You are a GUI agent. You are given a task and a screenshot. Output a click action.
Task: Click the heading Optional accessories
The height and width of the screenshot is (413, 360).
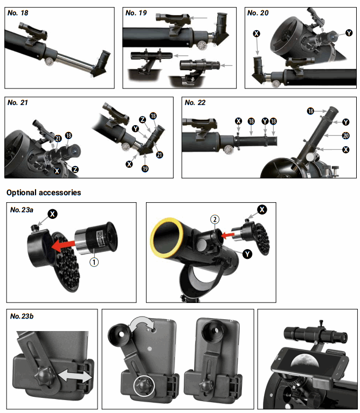coord(44,192)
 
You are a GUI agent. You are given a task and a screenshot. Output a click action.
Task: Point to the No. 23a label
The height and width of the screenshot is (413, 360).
coord(22,209)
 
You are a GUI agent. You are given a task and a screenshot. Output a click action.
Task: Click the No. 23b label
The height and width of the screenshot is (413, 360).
coord(22,315)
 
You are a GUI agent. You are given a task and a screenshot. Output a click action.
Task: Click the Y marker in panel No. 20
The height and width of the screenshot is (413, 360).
coord(349,33)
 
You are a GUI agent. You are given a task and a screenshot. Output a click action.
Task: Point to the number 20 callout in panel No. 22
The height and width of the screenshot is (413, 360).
coord(345,135)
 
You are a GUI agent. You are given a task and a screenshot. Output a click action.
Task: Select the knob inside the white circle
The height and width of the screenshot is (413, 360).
coord(143,384)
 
